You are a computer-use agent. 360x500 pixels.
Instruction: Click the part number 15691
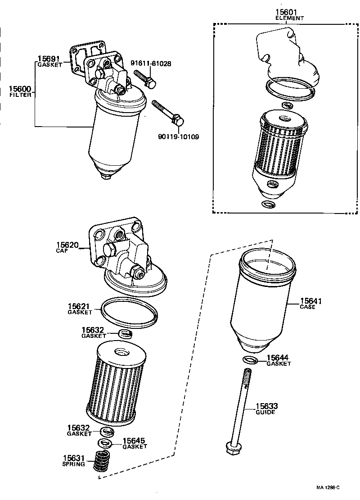pyautogui.click(x=49, y=59)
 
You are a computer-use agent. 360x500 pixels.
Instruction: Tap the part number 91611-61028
pyautogui.click(x=151, y=64)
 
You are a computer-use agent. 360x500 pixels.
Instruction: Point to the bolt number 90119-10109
pyautogui.click(x=179, y=136)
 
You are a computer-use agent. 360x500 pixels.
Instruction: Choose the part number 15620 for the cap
pyautogui.click(x=67, y=245)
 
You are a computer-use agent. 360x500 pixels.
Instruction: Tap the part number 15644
pyautogui.click(x=278, y=358)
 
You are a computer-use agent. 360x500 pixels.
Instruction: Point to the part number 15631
pyautogui.click(x=73, y=458)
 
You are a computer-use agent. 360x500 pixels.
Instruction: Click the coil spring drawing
pyautogui.click(x=104, y=461)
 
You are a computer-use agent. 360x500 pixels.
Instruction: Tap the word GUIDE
pyautogui.click(x=265, y=412)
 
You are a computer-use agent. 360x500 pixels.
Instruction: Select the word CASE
pyautogui.click(x=308, y=307)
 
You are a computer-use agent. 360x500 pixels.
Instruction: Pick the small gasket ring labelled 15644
pyautogui.click(x=250, y=359)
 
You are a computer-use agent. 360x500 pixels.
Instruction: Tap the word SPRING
pyautogui.click(x=73, y=464)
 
